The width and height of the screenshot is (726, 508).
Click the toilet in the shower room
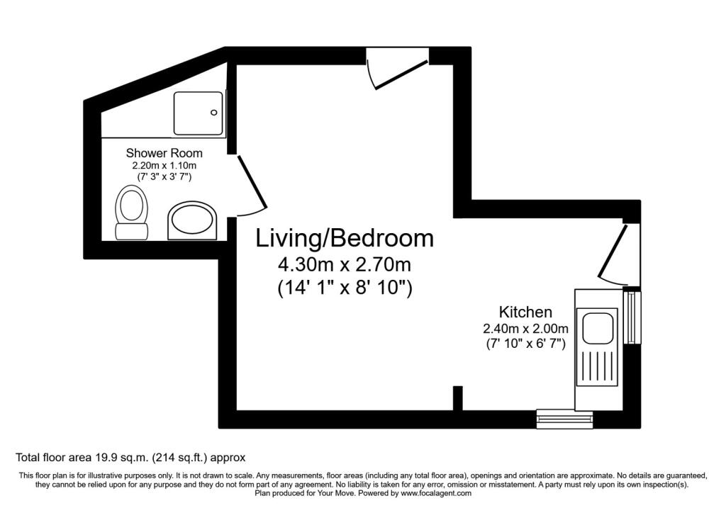[x=131, y=213]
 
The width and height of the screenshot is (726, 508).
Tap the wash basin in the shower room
[x=192, y=220]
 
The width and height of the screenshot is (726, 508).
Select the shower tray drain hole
[x=214, y=113]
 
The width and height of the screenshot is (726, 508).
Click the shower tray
[x=199, y=113]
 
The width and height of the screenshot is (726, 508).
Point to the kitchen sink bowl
[x=597, y=329]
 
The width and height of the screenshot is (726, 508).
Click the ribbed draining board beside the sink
[x=597, y=367]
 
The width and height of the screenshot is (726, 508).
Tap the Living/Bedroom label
[x=345, y=239]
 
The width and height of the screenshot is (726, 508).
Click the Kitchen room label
[x=525, y=312]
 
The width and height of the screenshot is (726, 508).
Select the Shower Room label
[x=164, y=152]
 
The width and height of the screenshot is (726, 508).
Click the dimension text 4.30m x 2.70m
[x=345, y=265]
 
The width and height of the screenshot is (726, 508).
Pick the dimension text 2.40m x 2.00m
[x=525, y=329]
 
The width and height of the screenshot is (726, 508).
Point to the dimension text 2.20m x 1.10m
[x=164, y=166]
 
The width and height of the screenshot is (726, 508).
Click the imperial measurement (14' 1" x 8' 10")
[x=345, y=288]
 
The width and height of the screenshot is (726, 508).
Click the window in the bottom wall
[x=565, y=419]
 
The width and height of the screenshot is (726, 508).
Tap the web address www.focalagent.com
[x=436, y=493]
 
